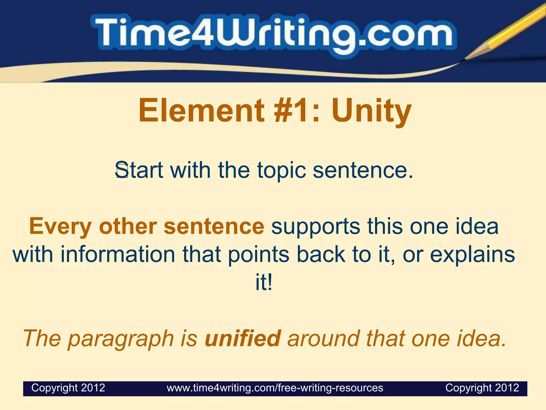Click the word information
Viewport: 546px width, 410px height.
[x=118, y=254]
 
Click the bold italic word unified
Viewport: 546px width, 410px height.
[x=243, y=338]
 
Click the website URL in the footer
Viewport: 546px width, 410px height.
[x=275, y=388]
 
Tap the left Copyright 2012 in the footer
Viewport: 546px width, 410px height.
[x=68, y=388]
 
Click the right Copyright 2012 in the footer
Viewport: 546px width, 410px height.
[x=482, y=388]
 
